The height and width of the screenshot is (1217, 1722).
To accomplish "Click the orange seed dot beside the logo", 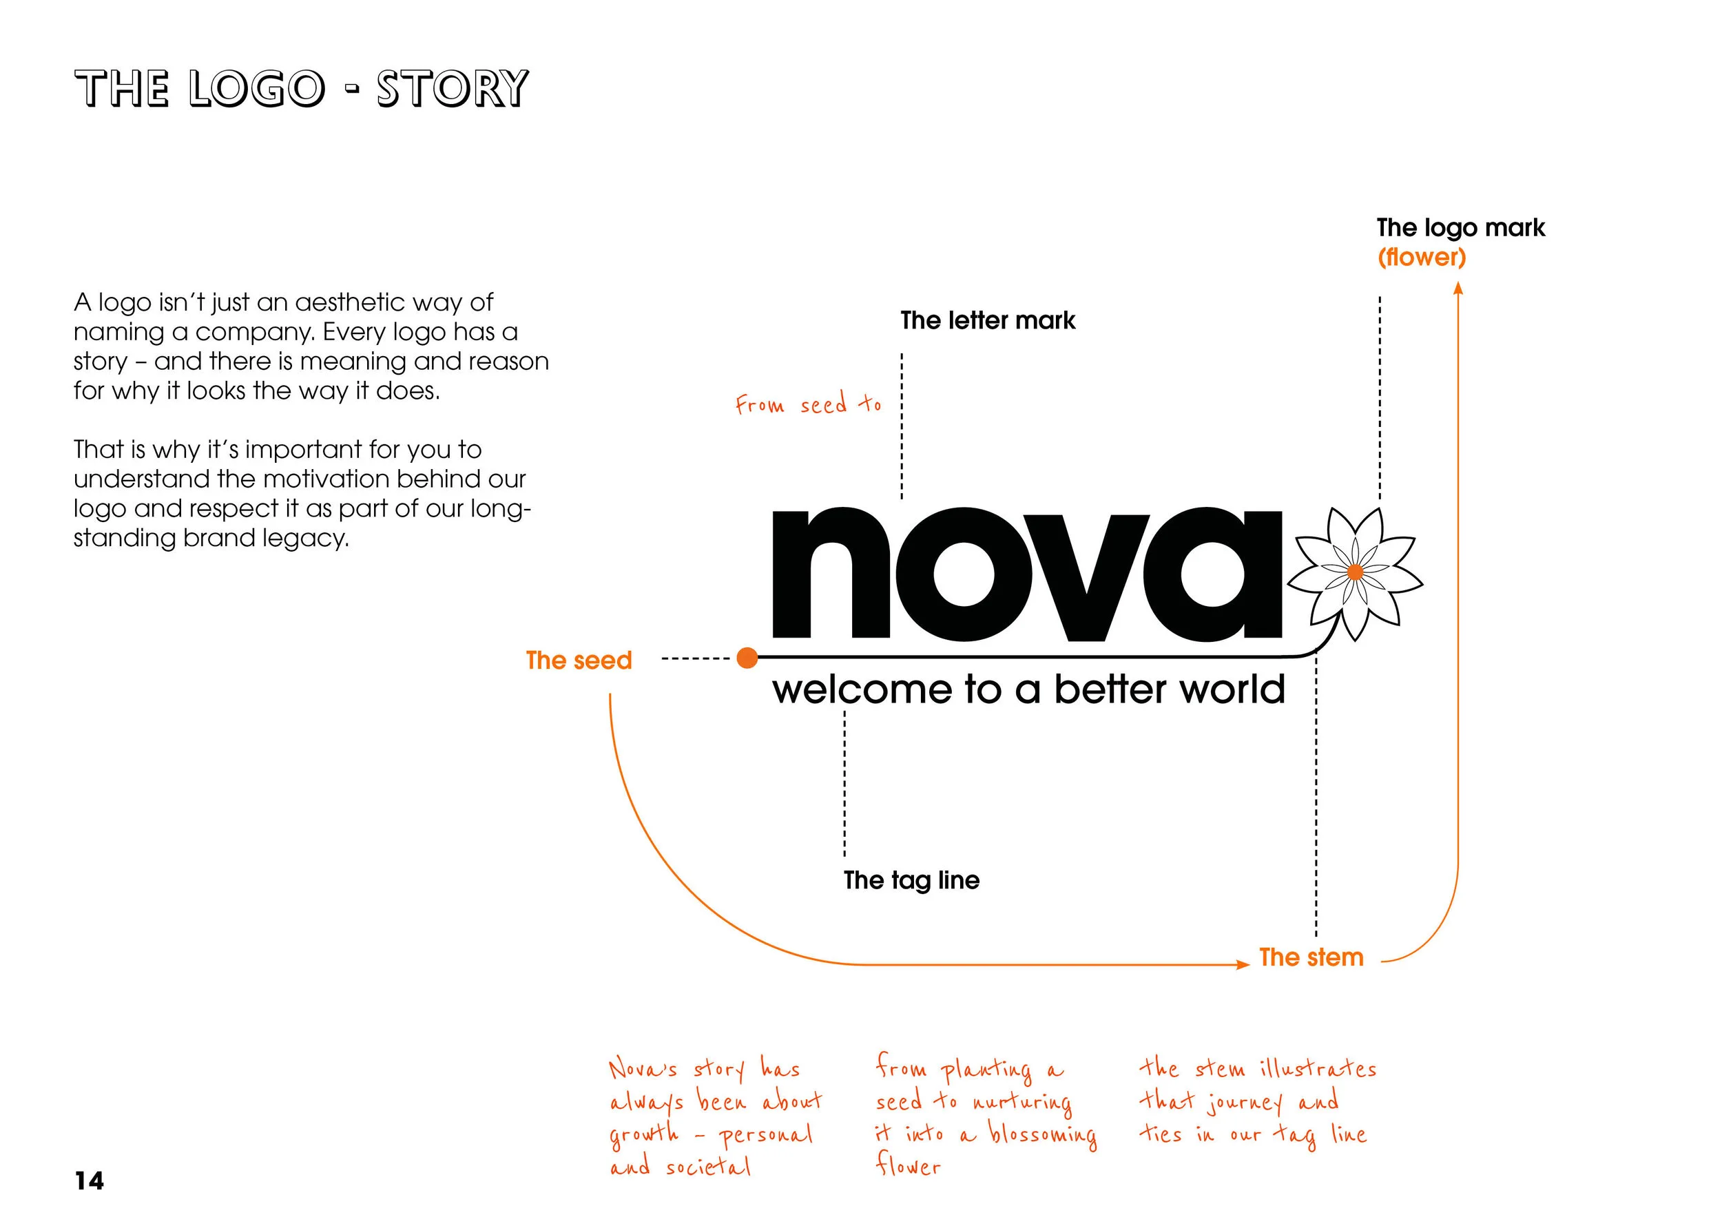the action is pos(747,658).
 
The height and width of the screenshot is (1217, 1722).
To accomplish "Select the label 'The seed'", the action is pos(579,660).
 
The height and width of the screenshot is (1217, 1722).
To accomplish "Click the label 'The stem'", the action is pos(1311,957).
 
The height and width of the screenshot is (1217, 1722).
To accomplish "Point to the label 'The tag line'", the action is pos(911,880).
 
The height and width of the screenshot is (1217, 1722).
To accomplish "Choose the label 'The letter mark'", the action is pos(988,320).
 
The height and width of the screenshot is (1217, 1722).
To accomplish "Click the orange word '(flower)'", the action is pos(1421,257).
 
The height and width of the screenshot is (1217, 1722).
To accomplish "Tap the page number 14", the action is pos(90,1181).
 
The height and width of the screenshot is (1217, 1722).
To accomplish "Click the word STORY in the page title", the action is pos(453,90).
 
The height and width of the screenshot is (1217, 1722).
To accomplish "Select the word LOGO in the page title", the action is pos(256,90).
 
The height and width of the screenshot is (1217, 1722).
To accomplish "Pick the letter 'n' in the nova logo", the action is pos(831,574).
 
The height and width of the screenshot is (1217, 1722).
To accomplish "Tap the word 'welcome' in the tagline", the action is pos(861,689).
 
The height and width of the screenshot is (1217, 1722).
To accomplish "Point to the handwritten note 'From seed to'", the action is pos(808,405).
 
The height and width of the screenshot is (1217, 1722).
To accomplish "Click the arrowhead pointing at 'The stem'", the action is pos(1243,964).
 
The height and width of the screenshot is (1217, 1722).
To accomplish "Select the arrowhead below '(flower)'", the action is pos(1458,289).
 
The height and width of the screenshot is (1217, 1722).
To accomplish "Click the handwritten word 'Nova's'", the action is pos(643,1068).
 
